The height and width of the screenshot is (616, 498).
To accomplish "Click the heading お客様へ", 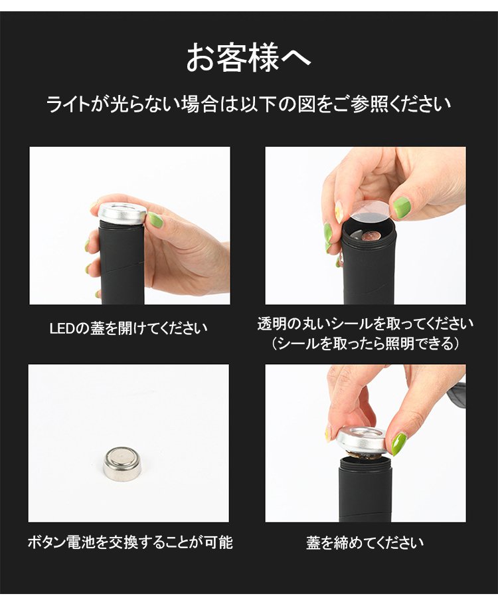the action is tap(248, 58).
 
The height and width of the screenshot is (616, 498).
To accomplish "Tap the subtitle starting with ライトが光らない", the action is tap(248, 104).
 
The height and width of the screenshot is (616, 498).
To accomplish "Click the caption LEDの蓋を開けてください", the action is tap(129, 328).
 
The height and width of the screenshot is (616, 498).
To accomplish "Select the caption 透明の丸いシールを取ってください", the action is tap(365, 324).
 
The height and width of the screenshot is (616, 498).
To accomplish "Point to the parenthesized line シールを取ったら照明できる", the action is tap(365, 344).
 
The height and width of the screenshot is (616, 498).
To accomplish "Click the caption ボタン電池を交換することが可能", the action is tap(130, 542).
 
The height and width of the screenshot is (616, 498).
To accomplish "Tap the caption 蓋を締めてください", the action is tap(365, 542).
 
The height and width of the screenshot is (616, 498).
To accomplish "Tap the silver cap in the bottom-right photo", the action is tap(361, 439).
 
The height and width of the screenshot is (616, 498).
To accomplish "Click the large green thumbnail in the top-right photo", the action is tap(402, 208).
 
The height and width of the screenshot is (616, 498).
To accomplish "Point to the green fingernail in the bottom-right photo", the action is tap(398, 443).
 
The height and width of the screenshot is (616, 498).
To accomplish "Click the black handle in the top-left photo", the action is tap(123, 263).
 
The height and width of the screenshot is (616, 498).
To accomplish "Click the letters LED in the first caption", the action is tap(62, 328).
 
